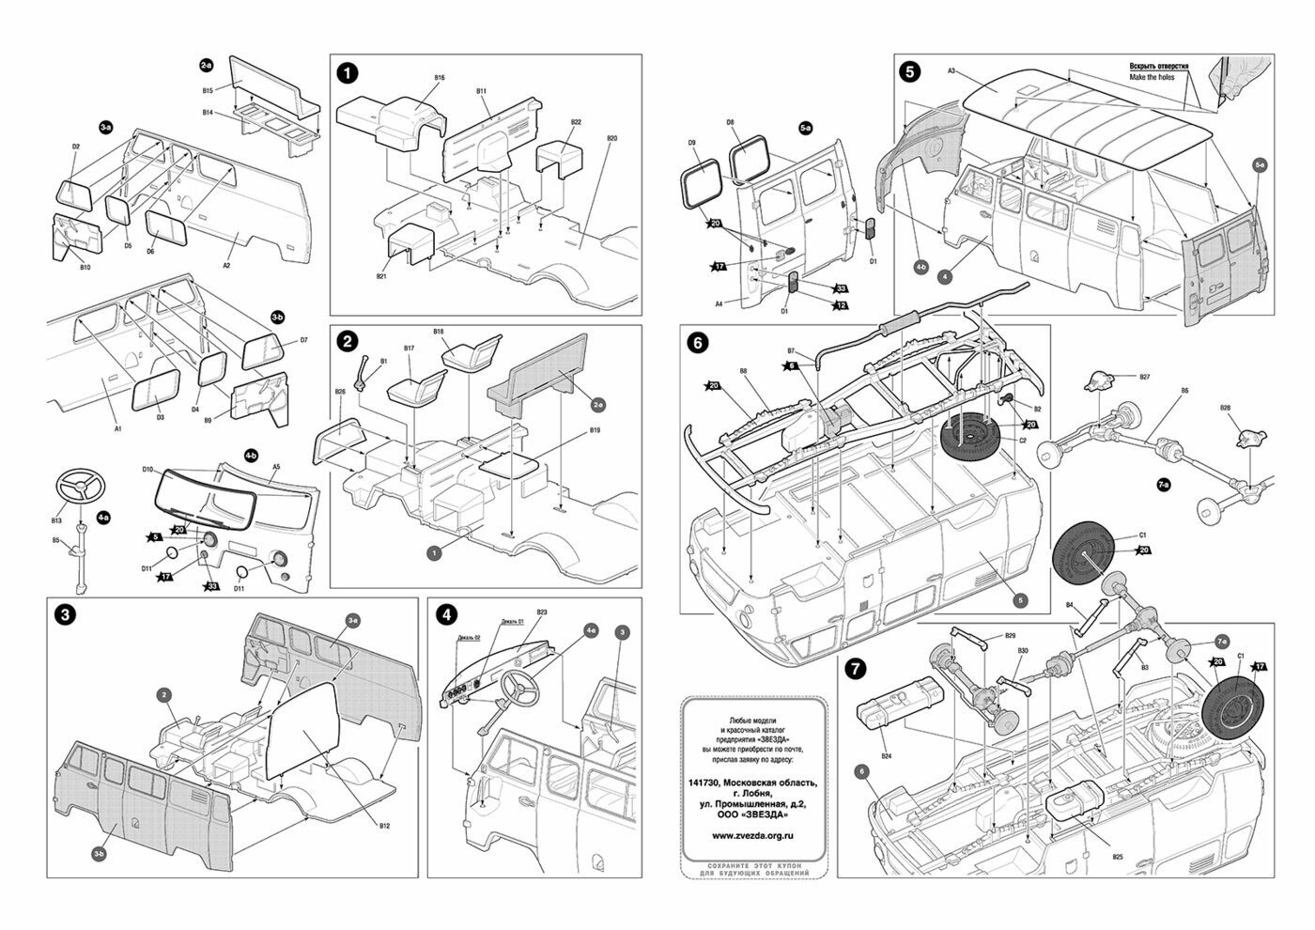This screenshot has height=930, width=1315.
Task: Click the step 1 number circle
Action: click(x=348, y=72)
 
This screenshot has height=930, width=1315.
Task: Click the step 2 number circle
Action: click(x=348, y=343)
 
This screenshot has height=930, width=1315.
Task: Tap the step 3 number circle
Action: click(x=65, y=615)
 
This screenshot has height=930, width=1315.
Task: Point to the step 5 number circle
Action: click(x=909, y=71)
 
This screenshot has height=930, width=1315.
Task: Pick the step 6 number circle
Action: click(x=698, y=344)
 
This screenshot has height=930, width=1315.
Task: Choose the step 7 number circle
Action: click(x=856, y=669)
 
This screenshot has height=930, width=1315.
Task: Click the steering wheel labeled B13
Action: click(x=81, y=488)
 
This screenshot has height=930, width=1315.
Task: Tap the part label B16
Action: click(x=440, y=77)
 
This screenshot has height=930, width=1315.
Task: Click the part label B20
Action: click(x=611, y=138)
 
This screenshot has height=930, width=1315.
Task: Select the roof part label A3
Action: click(x=951, y=71)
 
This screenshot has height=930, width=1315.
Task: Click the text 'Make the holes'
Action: click(x=1153, y=78)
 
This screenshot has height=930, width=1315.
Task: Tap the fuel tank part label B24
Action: click(x=886, y=756)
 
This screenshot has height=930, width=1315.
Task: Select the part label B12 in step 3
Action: click(x=384, y=826)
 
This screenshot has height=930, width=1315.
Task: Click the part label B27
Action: click(x=1145, y=377)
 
